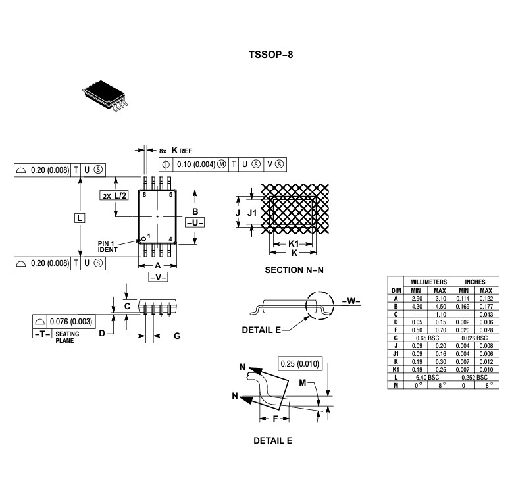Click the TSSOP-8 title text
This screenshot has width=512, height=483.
coord(270,55)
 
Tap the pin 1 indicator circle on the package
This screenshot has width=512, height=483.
coord(143,238)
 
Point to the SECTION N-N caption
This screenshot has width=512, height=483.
coord(294,270)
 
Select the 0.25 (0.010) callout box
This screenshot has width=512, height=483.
coord(300,364)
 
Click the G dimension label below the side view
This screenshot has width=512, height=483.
coord(176,336)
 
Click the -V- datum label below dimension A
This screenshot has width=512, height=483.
coord(158,277)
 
